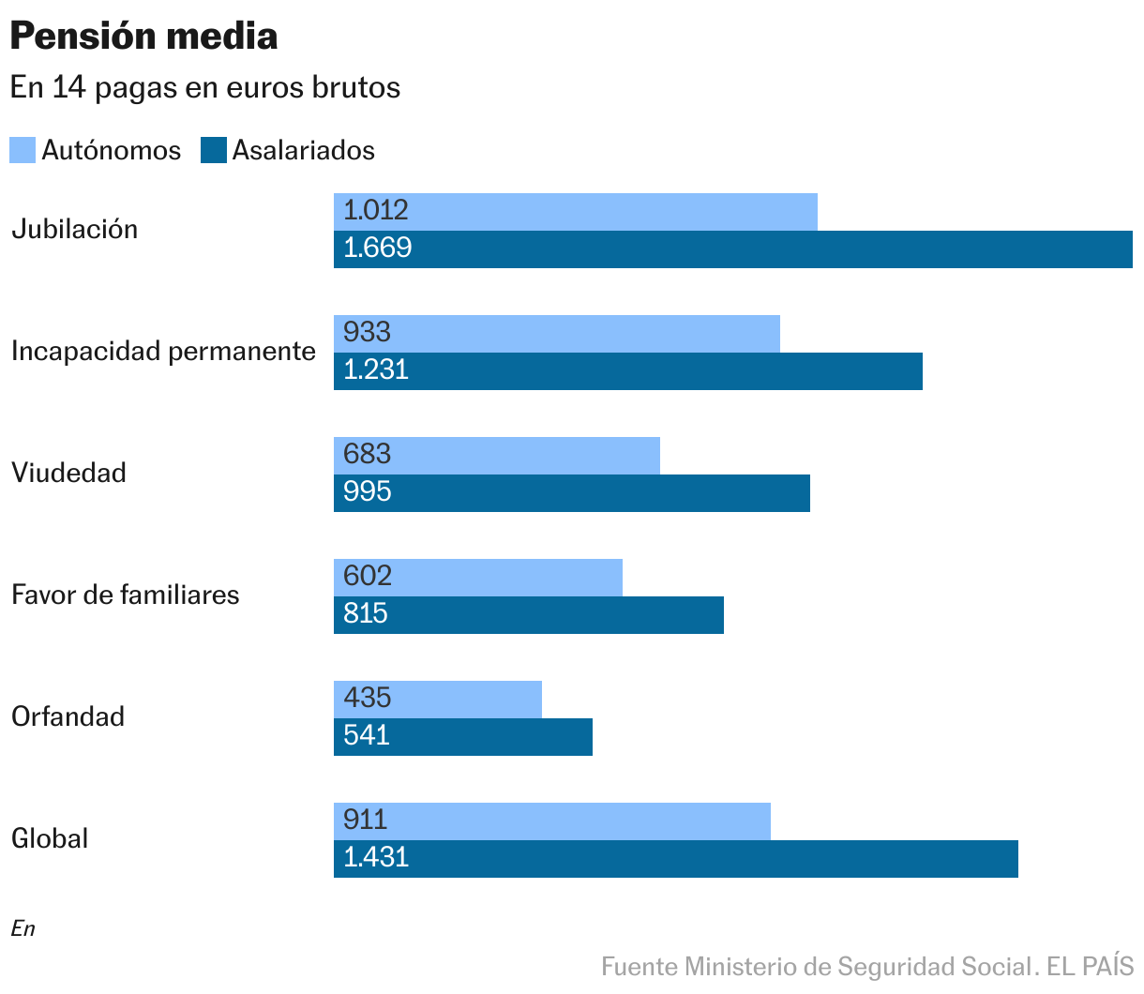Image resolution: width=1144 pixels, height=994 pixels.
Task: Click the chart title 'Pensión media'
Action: pyautogui.click(x=143, y=37)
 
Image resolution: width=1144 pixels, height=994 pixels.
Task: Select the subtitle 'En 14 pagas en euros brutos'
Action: pyautogui.click(x=205, y=87)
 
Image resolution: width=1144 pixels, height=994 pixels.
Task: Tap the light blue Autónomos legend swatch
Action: pyautogui.click(x=23, y=150)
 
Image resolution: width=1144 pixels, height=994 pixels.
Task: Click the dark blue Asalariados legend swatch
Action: pyautogui.click(x=214, y=150)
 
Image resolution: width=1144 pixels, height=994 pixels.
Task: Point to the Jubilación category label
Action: pyautogui.click(x=75, y=230)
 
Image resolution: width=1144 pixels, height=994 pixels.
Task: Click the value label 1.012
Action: pyautogui.click(x=376, y=211)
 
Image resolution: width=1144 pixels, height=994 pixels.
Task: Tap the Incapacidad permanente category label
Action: pyautogui.click(x=163, y=352)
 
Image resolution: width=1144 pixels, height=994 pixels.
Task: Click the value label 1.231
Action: pyautogui.click(x=376, y=370)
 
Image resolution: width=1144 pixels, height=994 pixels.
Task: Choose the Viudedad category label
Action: pyautogui.click(x=68, y=474)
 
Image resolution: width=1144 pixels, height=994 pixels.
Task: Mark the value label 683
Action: pyautogui.click(x=367, y=455)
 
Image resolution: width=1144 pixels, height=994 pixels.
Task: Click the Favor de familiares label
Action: pyautogui.click(x=125, y=595)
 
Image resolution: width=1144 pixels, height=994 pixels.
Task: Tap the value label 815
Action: pyautogui.click(x=366, y=614)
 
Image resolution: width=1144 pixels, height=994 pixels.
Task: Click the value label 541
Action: pyautogui.click(x=367, y=736)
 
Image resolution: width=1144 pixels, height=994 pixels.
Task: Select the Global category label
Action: pyautogui.click(x=50, y=839)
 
